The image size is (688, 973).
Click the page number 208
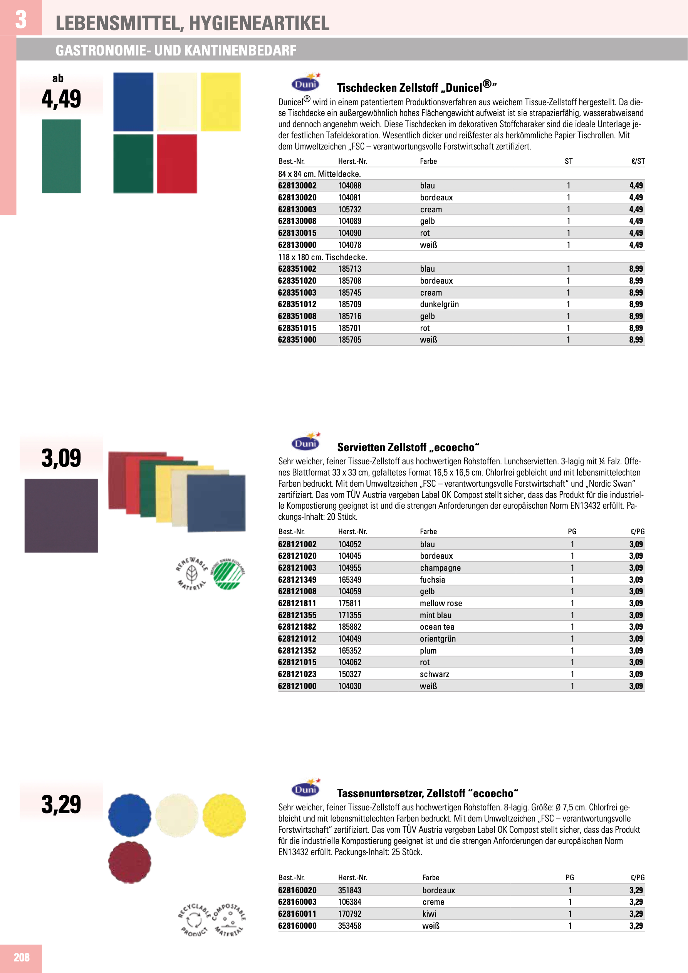click(22, 957)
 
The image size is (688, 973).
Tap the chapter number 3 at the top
click(21, 20)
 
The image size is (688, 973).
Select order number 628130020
click(297, 197)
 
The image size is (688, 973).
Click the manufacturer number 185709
click(349, 304)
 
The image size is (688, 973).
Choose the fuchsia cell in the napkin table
click(432, 580)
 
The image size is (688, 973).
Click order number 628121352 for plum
click(297, 650)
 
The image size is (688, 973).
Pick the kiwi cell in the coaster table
click(429, 914)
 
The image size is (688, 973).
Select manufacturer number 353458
click(349, 926)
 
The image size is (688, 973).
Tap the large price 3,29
click(61, 804)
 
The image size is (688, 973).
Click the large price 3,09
click(61, 458)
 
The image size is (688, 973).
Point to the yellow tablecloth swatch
click(220, 102)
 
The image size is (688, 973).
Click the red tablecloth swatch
click(177, 163)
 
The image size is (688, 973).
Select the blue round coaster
click(130, 815)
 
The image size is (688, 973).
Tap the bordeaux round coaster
click(130, 862)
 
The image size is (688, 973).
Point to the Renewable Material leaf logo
click(192, 574)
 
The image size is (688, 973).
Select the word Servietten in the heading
click(361, 447)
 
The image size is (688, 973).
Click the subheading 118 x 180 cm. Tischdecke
click(322, 257)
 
